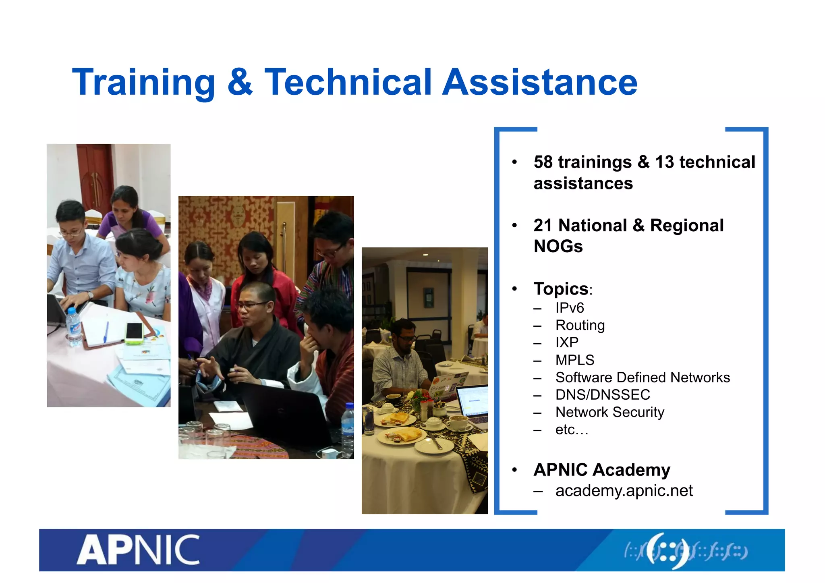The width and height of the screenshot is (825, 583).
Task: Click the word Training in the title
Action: coord(143,83)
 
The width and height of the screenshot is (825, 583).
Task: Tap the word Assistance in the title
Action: coord(540,83)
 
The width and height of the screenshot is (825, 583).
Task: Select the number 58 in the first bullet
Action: coord(543,162)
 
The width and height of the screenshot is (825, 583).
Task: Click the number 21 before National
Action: coord(542,226)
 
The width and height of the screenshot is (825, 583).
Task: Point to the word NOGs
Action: coord(558,246)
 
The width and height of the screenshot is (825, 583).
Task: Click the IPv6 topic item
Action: coord(569,308)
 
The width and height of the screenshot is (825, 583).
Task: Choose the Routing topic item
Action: coord(580,325)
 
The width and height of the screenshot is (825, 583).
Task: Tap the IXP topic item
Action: coord(566,342)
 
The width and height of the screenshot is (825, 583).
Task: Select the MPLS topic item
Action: coord(574,360)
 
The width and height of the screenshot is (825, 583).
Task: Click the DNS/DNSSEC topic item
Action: coord(602,395)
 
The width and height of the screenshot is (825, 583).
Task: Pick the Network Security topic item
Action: coord(609,412)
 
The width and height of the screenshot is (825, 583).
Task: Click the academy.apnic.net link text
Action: coord(624,491)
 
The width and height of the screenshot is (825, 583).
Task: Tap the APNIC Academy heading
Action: coord(601,470)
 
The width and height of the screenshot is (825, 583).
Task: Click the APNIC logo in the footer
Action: coord(138,550)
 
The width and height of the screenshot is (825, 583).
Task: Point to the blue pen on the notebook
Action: coord(106,332)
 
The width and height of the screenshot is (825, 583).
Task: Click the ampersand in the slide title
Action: coord(240,83)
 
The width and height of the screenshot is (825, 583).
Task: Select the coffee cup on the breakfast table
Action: coord(458,422)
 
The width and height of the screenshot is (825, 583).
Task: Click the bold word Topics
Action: coord(561,289)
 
